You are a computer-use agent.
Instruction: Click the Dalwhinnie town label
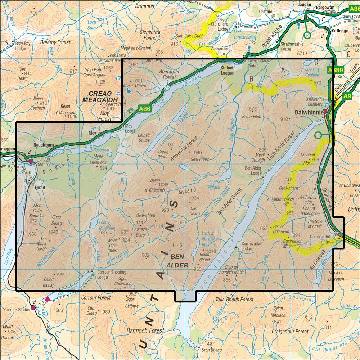(x=309, y=112)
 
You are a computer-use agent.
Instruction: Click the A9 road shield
(x=347, y=96)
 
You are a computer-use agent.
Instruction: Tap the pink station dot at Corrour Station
(x=33, y=308)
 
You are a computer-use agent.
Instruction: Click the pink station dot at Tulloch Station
(x=31, y=162)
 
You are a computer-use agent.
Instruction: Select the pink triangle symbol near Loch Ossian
(x=48, y=298)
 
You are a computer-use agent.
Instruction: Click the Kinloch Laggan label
(x=228, y=71)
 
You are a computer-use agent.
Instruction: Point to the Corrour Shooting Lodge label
(x=107, y=275)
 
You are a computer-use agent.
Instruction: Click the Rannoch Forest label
(x=145, y=330)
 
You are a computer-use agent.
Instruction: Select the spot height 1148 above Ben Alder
(x=177, y=246)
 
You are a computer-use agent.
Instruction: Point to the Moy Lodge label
(x=130, y=129)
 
